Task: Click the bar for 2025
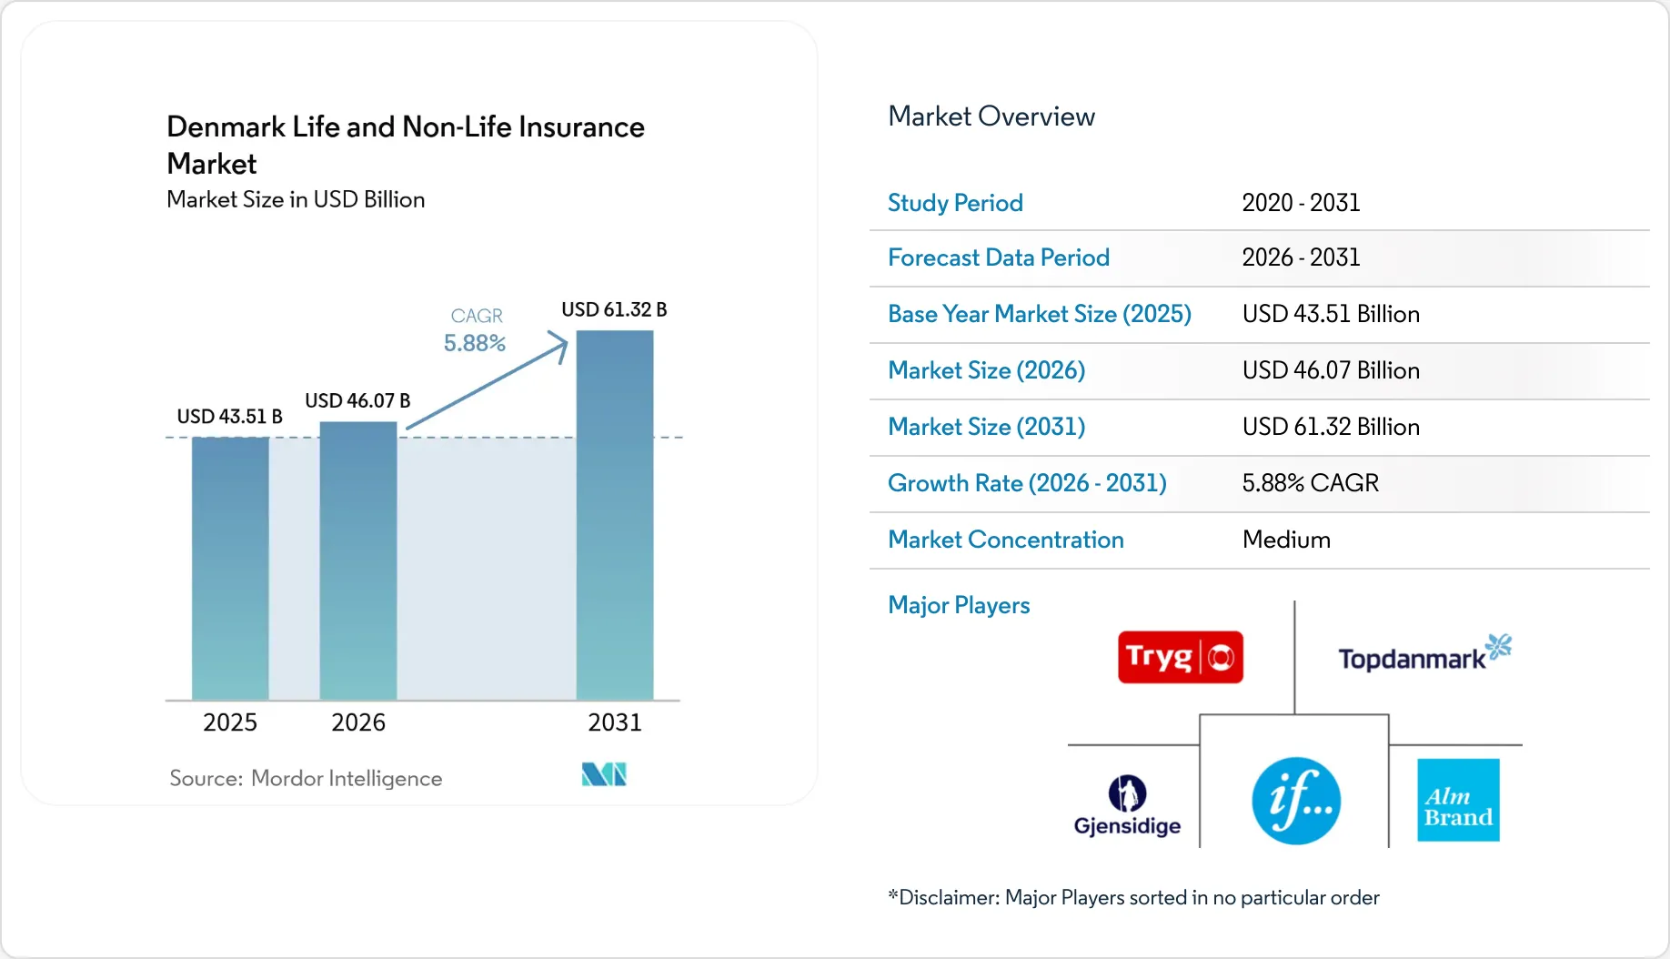tap(230, 569)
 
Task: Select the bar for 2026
tap(358, 561)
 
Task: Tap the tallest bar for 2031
tap(615, 515)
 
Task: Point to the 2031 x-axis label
tap(615, 722)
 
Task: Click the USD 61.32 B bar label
tap(614, 309)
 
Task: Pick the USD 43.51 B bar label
tap(229, 417)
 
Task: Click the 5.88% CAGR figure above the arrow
tap(475, 343)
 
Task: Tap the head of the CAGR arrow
tap(564, 340)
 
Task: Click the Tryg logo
tap(1181, 657)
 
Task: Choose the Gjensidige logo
tap(1127, 806)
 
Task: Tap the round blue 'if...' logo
tap(1296, 801)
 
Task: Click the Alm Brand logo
tap(1458, 800)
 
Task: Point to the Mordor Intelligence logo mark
tap(604, 774)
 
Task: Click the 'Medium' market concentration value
tap(1286, 540)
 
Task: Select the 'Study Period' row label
tap(955, 203)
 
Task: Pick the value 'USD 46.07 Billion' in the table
tap(1331, 370)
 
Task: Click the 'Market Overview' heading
tap(991, 116)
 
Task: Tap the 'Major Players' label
tap(959, 605)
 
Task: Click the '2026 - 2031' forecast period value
tap(1301, 257)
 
